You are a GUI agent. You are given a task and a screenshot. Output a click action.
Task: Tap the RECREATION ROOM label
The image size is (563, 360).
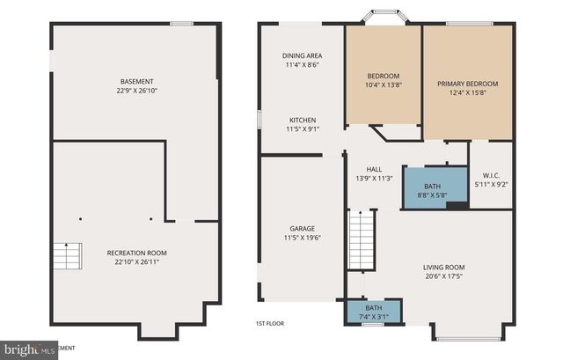pyautogui.click(x=133, y=253)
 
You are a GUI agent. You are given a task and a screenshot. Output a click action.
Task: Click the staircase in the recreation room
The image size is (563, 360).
pyautogui.click(x=65, y=257)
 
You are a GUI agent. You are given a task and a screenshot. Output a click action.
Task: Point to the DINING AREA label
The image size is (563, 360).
pyautogui.click(x=302, y=55)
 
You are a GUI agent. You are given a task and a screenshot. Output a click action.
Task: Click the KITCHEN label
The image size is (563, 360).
pyautogui.click(x=302, y=121)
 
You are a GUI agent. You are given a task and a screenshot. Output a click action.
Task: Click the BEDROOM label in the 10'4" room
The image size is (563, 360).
pyautogui.click(x=383, y=76)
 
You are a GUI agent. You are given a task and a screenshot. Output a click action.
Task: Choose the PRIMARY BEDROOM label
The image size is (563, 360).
pyautogui.click(x=467, y=84)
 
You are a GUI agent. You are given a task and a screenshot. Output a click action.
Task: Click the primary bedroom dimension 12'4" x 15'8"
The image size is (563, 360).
pyautogui.click(x=467, y=94)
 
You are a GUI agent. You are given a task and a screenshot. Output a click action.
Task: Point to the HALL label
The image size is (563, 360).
pyautogui.click(x=374, y=169)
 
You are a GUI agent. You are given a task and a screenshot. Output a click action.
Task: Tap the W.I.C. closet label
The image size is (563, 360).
pyautogui.click(x=491, y=174)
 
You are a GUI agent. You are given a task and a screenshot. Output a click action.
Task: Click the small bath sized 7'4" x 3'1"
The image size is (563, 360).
pyautogui.click(x=373, y=311)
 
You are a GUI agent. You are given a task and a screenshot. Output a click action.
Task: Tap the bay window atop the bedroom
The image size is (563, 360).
pyautogui.click(x=384, y=17)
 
